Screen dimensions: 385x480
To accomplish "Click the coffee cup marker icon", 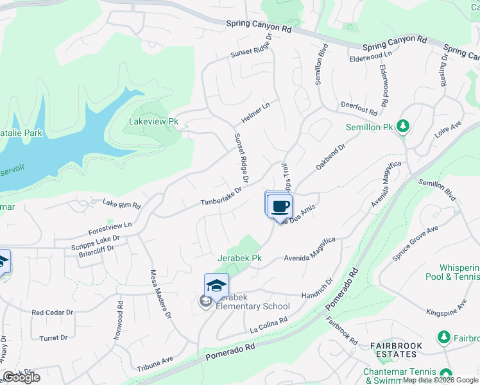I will click(279, 207).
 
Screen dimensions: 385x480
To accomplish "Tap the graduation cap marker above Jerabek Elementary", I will click(217, 286).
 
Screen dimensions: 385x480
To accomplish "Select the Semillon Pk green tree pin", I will click(403, 125).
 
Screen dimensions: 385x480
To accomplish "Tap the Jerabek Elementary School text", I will click(254, 306).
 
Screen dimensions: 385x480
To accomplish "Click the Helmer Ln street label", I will click(256, 114).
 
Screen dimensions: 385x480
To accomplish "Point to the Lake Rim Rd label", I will click(121, 204).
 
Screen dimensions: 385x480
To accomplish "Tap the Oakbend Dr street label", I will click(330, 157).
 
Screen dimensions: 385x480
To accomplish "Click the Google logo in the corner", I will click(22, 377).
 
